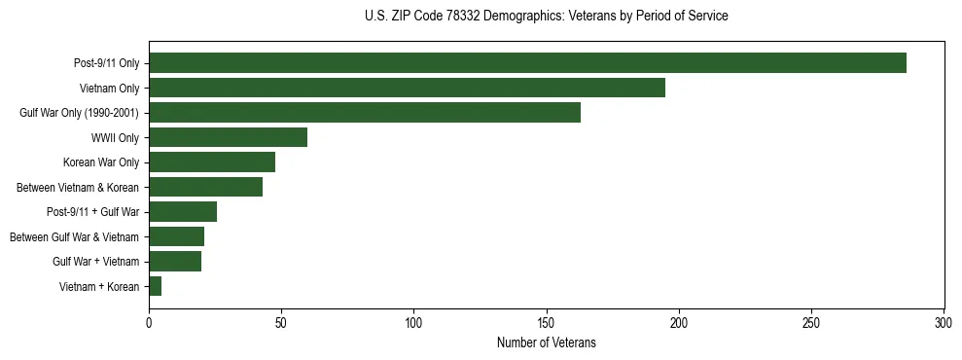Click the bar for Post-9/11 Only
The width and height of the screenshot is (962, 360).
(527, 63)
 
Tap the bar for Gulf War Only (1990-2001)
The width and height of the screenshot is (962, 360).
(365, 113)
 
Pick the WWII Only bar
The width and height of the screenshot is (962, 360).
(228, 137)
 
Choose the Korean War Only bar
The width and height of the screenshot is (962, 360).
(212, 162)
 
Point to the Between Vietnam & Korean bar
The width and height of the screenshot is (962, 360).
(205, 187)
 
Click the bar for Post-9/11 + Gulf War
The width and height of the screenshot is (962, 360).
(183, 211)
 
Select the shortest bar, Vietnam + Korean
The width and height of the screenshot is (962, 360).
(156, 286)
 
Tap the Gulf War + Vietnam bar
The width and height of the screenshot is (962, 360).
(175, 261)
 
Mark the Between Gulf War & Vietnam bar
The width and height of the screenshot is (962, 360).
(176, 236)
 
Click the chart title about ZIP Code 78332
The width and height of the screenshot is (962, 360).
(546, 16)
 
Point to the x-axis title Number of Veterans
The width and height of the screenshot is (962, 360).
(546, 342)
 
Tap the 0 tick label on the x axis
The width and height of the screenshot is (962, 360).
(149, 322)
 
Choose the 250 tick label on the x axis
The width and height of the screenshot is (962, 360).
(811, 322)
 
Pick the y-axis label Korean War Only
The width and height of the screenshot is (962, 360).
(101, 162)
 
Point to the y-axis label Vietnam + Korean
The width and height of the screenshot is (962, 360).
(99, 286)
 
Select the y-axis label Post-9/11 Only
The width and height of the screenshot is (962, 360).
(106, 63)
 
